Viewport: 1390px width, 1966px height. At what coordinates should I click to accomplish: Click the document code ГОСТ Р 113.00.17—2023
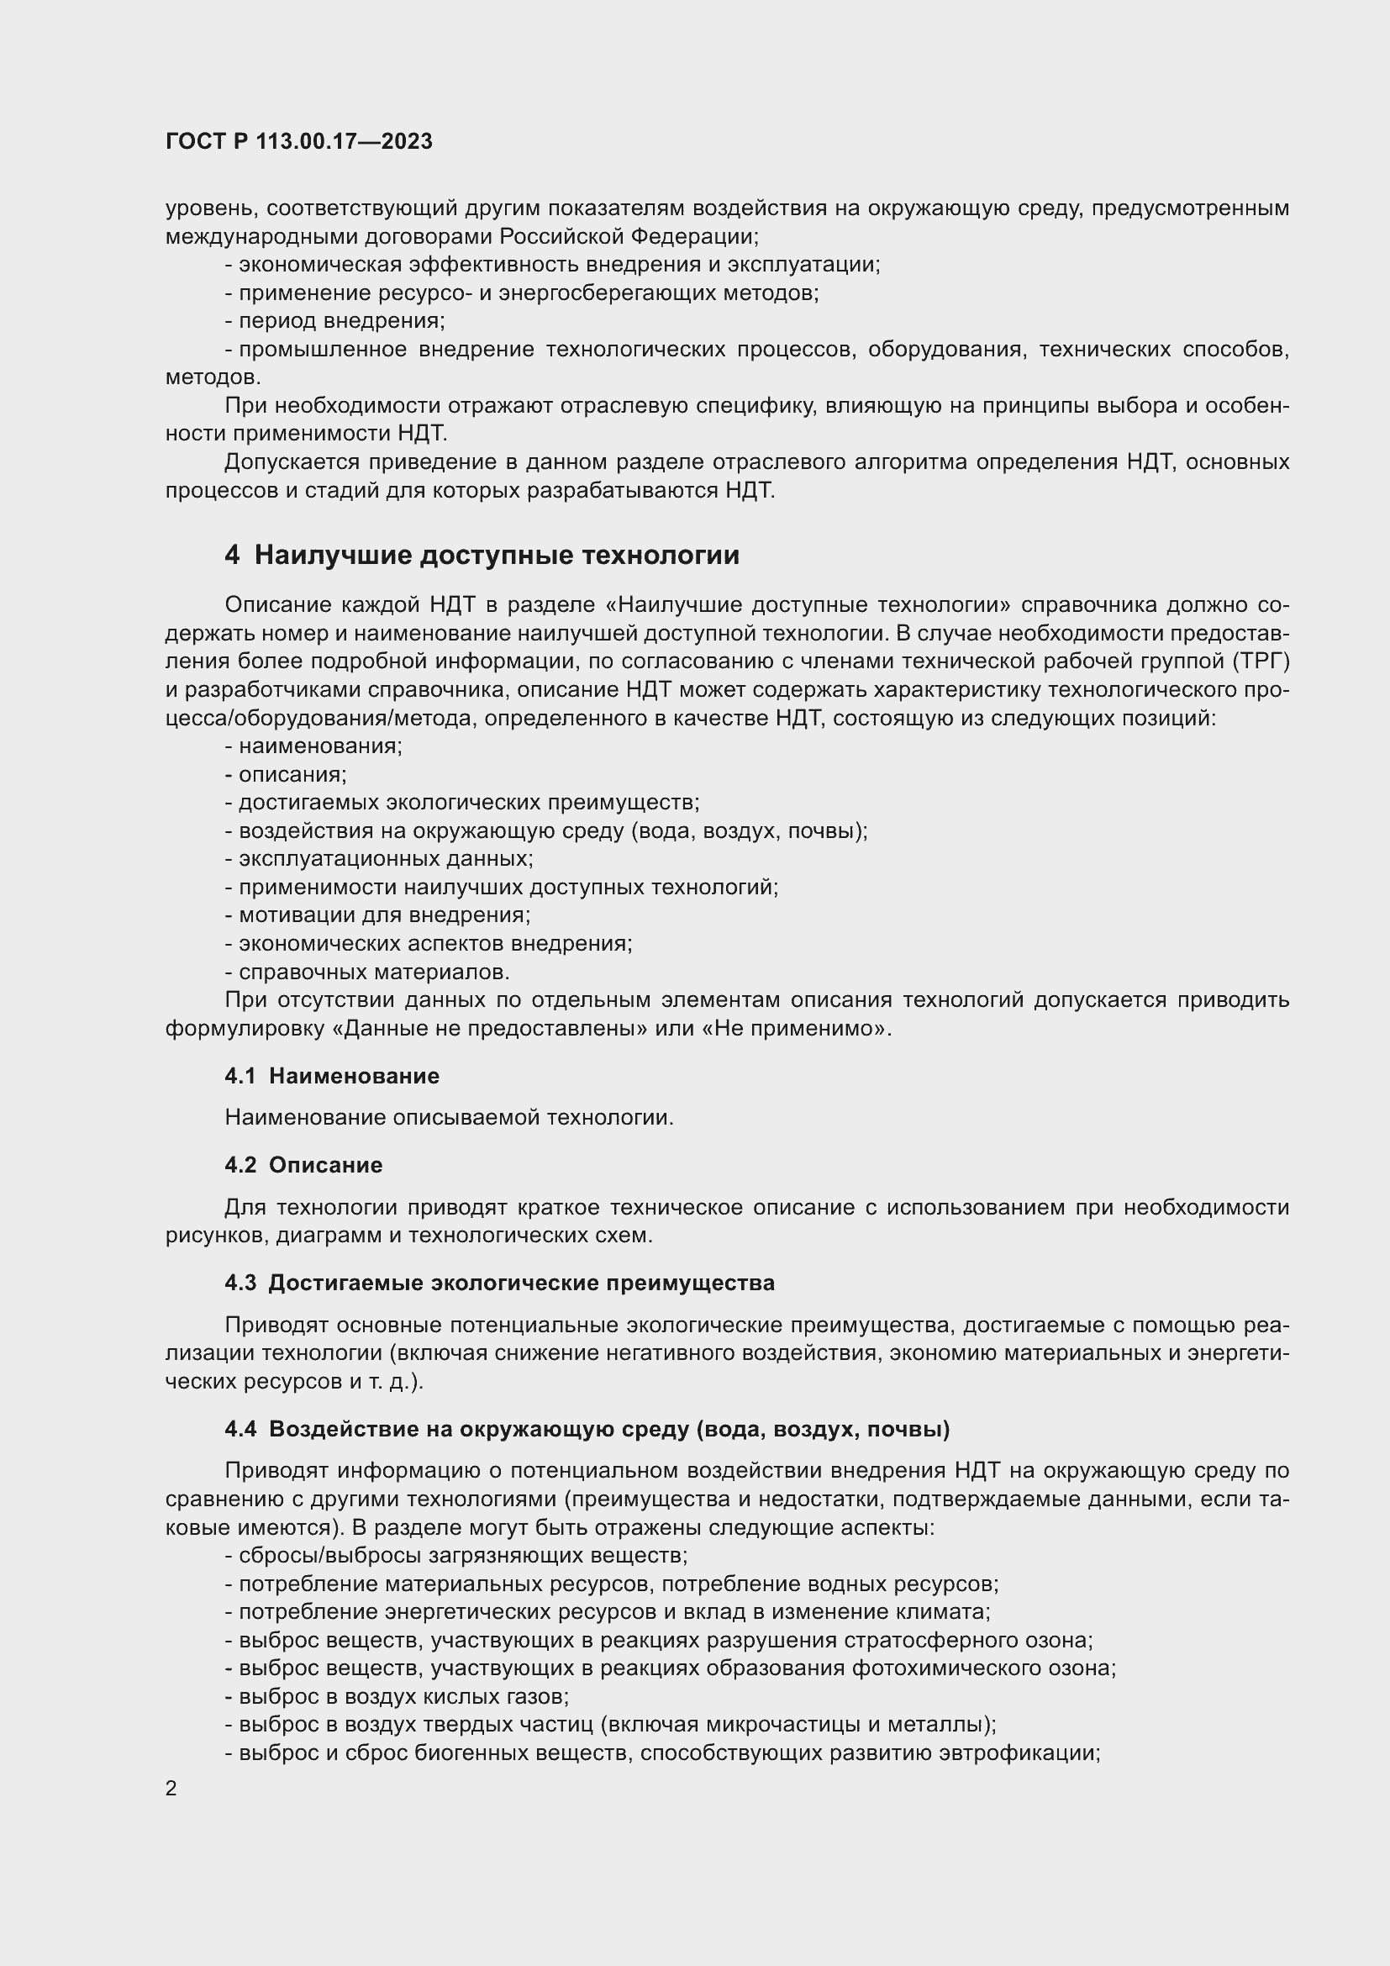coord(298,142)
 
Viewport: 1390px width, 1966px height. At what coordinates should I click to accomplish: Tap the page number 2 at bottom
coord(171,1789)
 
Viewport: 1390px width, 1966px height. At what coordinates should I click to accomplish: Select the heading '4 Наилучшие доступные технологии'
coord(482,556)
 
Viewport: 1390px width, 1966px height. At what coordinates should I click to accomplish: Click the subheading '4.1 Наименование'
coord(332,1077)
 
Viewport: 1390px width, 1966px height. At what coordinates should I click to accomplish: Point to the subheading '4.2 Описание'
coord(303,1165)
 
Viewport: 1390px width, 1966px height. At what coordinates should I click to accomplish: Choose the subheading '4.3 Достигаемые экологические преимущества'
coord(500,1283)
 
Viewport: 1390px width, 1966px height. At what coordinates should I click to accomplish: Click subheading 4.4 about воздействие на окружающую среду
coord(587,1429)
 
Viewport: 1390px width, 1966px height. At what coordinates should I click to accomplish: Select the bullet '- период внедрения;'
coord(334,321)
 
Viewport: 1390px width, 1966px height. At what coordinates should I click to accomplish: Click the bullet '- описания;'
coord(286,775)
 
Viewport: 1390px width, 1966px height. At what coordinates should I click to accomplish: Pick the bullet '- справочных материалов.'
coord(367,972)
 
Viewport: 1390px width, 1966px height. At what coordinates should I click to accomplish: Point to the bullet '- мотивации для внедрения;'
coord(377,915)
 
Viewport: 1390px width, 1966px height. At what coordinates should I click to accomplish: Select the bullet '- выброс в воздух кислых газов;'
coord(398,1696)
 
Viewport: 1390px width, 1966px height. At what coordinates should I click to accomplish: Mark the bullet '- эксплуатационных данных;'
coord(379,859)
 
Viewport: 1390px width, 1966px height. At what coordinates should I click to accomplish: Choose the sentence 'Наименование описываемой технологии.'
coord(450,1118)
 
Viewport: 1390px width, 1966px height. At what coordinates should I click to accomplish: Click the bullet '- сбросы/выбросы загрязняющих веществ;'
coord(456,1556)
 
